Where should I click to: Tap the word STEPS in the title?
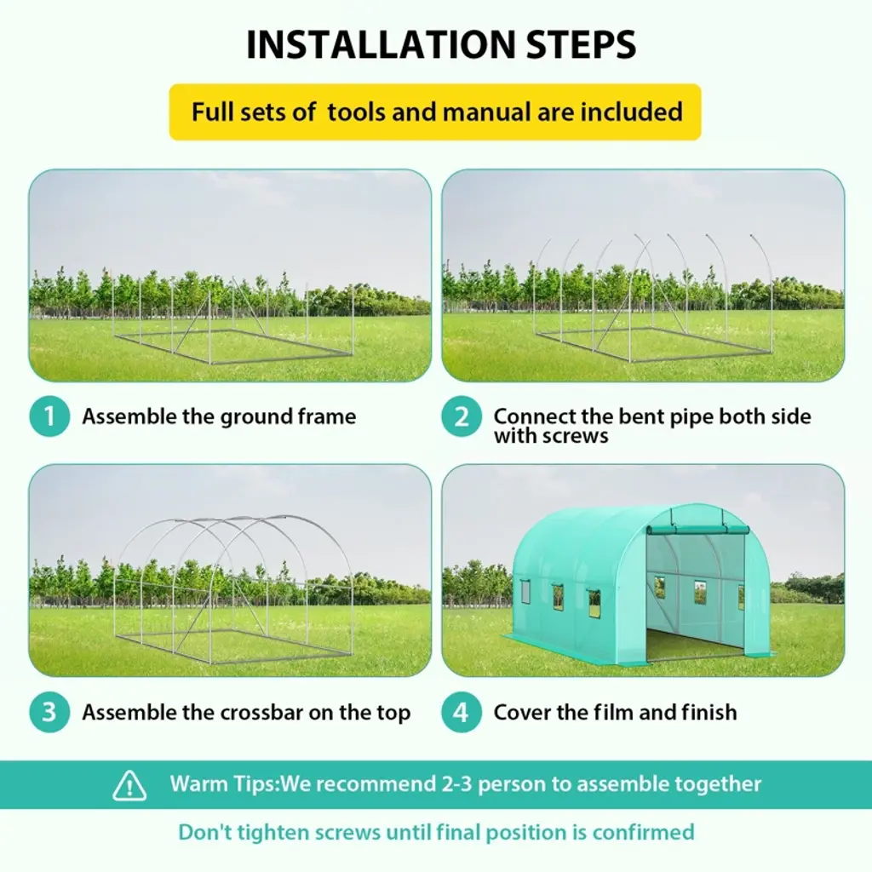581,44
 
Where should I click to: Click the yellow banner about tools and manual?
435,112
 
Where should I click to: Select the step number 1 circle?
49,416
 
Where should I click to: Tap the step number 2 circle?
462,416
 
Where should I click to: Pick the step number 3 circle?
49,712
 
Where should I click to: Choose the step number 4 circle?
462,712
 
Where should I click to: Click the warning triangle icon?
129,785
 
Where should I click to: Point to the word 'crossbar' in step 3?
261,713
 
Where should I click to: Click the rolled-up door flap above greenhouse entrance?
698,530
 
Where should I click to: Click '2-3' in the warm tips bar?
457,783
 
